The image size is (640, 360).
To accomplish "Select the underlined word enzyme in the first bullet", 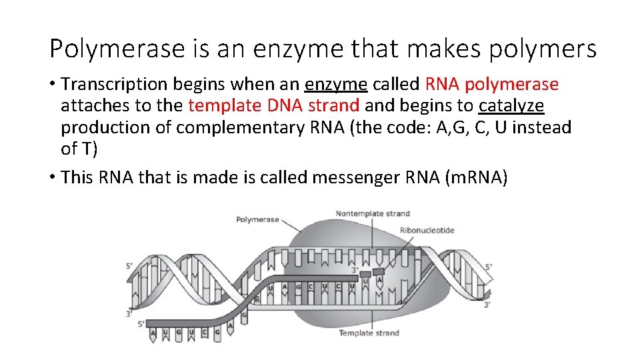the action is coord(336,85).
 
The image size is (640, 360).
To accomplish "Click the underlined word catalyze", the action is coord(511,106).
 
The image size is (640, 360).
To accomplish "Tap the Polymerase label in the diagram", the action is coord(257,220).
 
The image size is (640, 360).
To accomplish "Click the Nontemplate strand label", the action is coord(373,213).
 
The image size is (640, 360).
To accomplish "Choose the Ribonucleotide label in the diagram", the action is coord(427,231).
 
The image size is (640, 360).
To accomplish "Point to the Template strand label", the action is coord(369,333).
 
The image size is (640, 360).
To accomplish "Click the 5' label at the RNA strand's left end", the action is coord(141,324).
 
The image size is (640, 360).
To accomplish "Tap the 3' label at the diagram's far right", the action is coord(487,305).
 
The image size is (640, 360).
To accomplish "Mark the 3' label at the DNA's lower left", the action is coord(129,313).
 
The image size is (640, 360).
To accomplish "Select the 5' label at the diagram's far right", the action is coord(489,267).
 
